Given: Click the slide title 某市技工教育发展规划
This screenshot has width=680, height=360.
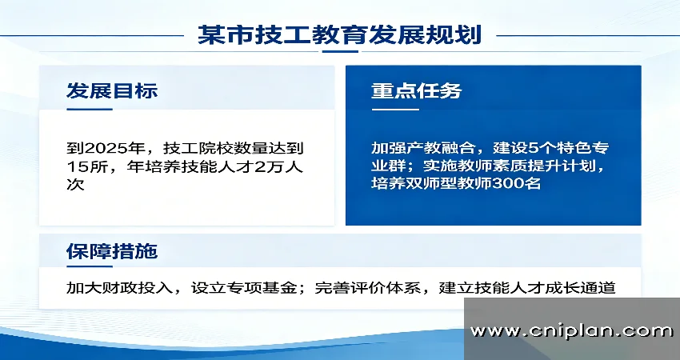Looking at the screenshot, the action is [339, 34].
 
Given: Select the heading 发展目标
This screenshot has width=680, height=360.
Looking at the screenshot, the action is [112, 90].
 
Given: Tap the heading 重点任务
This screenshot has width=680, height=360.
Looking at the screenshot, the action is [416, 90].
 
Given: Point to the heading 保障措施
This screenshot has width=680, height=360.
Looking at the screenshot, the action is [112, 251].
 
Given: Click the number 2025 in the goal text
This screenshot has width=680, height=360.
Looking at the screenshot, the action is [106, 149].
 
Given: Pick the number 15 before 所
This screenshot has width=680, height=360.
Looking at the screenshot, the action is [75, 167].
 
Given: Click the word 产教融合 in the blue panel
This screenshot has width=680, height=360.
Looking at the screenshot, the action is [422, 148].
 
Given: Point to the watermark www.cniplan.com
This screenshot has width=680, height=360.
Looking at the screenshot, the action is [571, 331].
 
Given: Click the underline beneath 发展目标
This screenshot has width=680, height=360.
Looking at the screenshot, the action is [90, 110].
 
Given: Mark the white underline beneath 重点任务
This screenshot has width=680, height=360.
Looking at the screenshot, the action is [395, 110].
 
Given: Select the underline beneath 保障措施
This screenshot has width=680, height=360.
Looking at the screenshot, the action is [90, 266].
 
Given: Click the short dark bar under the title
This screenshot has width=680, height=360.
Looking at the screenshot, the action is [340, 52].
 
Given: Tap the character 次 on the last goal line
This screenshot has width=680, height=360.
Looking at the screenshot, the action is [75, 185].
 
